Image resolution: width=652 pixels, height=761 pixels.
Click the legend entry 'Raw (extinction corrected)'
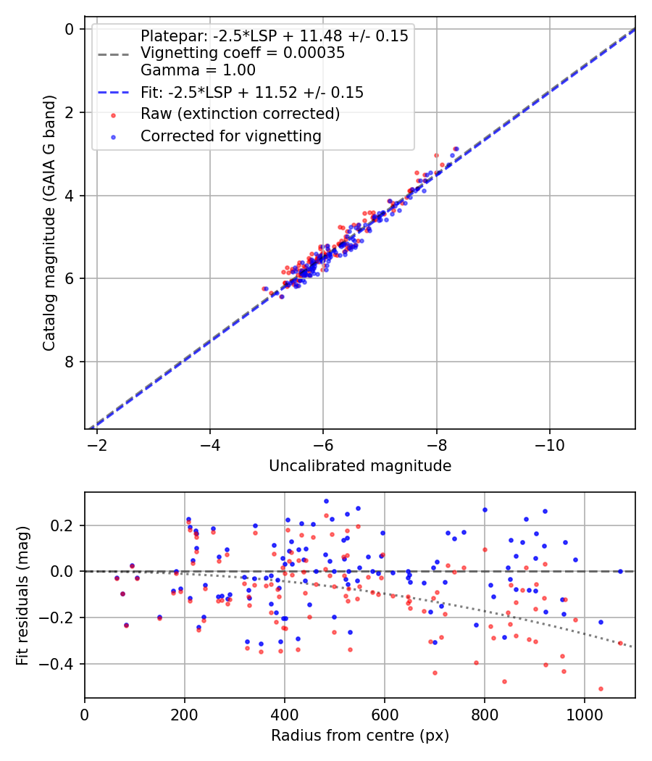tap(240, 114)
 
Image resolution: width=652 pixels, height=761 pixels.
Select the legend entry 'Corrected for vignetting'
tap(230, 136)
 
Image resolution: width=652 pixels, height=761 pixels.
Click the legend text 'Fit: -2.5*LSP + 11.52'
tap(251, 92)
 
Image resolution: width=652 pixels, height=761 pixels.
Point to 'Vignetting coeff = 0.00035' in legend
tap(242, 53)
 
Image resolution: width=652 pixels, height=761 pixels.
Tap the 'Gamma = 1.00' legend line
tap(198, 70)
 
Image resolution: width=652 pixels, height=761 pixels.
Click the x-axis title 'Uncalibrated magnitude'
tap(360, 466)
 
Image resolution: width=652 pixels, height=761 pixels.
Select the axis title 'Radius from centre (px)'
tap(360, 736)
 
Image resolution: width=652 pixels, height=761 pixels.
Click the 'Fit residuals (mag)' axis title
tap(22, 594)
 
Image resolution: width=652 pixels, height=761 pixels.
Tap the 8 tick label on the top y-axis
tap(70, 362)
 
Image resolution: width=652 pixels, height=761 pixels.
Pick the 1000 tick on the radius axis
tap(585, 714)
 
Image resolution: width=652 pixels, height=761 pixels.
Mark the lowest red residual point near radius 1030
tap(601, 689)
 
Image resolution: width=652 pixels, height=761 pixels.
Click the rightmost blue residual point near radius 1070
tap(620, 571)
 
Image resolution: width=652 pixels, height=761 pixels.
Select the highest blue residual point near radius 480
tap(326, 501)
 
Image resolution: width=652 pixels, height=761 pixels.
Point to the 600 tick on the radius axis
tap(385, 714)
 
